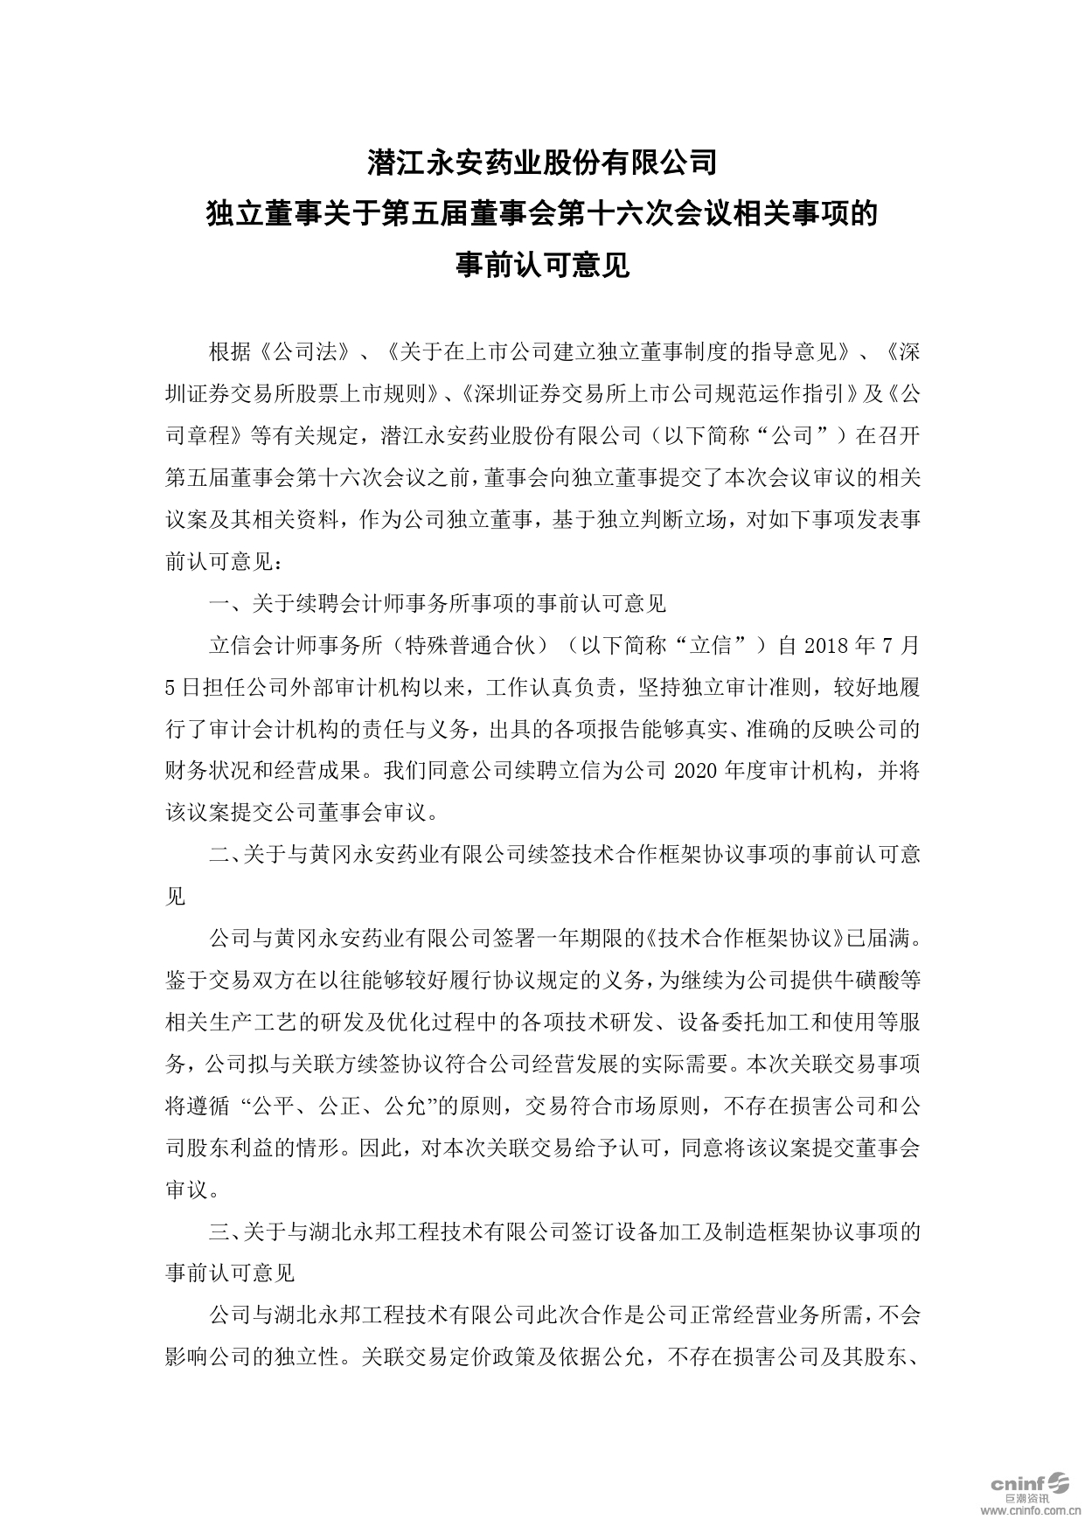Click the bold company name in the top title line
pyautogui.click(x=542, y=162)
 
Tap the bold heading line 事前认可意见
pyautogui.click(x=542, y=264)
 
